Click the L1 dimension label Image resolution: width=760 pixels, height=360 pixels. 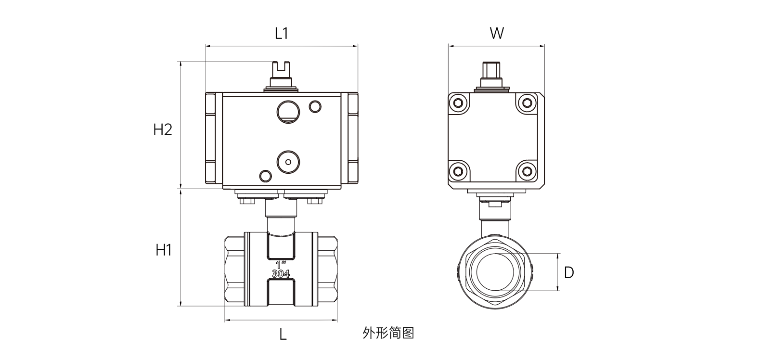point(281,33)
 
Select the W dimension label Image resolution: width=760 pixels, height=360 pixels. point(497,33)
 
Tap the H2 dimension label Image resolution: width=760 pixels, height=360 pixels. point(163,129)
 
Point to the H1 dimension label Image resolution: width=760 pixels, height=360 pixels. point(164,250)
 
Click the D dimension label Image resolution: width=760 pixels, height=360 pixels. point(568,273)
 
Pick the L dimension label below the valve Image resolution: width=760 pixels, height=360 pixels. point(283,334)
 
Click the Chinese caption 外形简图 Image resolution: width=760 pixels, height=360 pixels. point(388,333)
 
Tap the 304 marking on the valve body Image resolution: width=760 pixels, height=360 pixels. point(281,274)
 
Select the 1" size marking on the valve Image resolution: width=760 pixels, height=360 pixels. point(281,265)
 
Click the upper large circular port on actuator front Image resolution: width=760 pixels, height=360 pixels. point(288,112)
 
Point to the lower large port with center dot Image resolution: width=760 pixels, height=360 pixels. point(288,161)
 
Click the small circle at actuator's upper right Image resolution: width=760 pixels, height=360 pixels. point(315,106)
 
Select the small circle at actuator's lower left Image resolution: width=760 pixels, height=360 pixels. point(265,176)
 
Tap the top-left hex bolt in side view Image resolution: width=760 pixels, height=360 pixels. point(458,103)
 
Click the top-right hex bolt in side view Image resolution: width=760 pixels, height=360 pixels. point(528,103)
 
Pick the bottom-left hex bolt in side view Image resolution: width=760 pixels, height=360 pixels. point(458,172)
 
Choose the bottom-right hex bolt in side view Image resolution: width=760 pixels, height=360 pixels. point(528,172)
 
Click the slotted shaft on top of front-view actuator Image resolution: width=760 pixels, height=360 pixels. point(282,72)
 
